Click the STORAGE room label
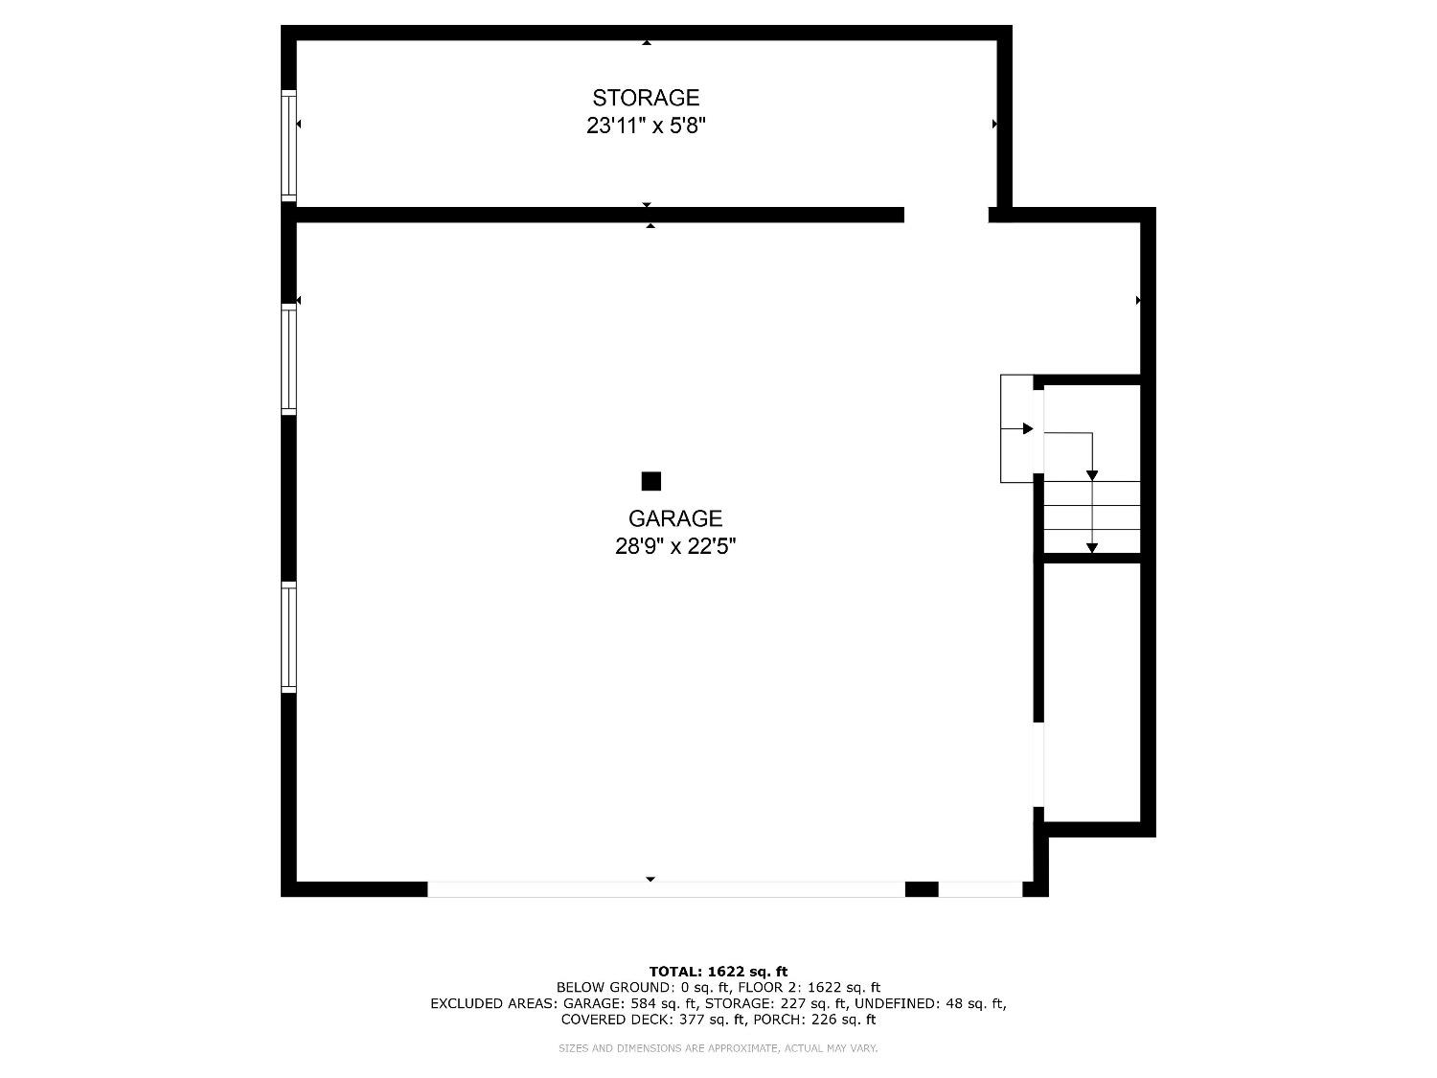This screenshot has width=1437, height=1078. [646, 98]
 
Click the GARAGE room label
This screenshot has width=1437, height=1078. [674, 518]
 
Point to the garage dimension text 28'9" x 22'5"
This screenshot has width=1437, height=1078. [674, 546]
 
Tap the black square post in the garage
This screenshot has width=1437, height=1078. [651, 481]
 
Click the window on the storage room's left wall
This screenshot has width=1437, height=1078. [288, 146]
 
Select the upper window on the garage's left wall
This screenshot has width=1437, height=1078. [288, 358]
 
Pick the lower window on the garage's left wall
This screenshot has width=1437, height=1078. [288, 636]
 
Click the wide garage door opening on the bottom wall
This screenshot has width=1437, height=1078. [666, 889]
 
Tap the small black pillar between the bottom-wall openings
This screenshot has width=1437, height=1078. [922, 889]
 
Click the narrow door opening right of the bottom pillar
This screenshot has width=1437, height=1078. [980, 889]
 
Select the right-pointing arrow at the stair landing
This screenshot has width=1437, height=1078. [1028, 428]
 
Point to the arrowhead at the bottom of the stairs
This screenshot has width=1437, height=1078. [1092, 548]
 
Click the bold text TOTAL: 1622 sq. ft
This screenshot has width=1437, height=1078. [718, 971]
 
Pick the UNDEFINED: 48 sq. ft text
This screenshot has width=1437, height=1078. [928, 1003]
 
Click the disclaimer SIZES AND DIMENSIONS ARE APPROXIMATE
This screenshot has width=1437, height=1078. [718, 1048]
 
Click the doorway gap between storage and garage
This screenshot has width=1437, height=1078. [946, 215]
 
